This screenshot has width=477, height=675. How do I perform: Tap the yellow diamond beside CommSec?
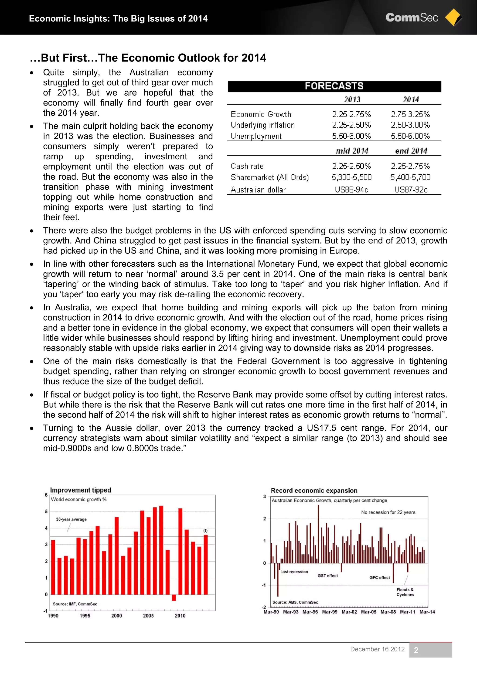453,17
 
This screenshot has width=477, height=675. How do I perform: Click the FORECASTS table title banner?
334,86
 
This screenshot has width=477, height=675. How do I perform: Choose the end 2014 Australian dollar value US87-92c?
411,190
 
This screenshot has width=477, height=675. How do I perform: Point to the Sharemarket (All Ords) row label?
269,177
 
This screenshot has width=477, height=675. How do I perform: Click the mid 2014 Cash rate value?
351,166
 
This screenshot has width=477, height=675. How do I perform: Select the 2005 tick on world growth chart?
148,616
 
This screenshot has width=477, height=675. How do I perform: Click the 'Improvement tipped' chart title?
81,490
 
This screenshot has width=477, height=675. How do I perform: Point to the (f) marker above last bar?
205,530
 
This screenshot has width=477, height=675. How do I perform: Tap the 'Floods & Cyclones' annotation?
405,592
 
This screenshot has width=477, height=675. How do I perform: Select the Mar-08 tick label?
388,612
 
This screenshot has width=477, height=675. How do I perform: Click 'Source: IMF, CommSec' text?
75,604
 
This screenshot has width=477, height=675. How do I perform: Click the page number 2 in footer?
416,650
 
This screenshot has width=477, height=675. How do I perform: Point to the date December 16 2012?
377,649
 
